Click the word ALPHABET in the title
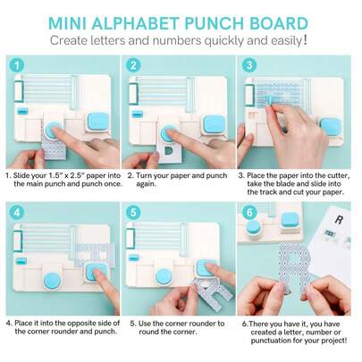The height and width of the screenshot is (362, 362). pos(135,23)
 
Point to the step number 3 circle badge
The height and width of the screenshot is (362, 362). pos(249,65)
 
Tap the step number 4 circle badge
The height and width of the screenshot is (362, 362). pos(17,213)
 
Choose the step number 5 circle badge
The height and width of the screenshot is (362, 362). pos(133,213)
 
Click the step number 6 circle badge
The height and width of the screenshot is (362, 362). pos(249,213)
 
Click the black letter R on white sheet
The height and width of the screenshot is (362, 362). pos(339,220)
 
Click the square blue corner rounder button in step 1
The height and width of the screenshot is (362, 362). pos(98,122)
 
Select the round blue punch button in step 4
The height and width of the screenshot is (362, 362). pos(53,281)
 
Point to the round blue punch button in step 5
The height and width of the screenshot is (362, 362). pos(164,276)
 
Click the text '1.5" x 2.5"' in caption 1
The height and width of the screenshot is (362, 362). pos(63,175)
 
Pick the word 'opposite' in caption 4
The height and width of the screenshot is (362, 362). pos(80,324)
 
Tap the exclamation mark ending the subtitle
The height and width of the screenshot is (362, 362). pos(305,40)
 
